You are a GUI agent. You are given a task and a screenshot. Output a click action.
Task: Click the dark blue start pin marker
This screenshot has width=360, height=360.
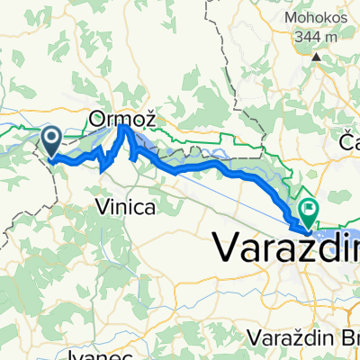(51, 139)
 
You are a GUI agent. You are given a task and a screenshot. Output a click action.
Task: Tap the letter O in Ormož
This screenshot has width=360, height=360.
(96, 116)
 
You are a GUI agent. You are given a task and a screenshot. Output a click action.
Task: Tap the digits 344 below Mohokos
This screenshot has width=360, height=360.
(308, 38)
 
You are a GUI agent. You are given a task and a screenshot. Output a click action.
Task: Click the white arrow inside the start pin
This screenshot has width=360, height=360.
(51, 138)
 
